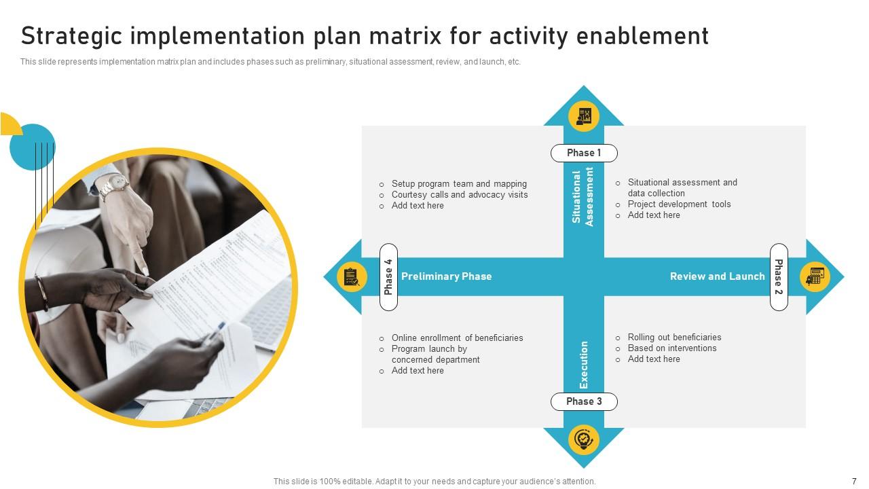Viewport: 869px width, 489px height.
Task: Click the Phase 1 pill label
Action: (584, 153)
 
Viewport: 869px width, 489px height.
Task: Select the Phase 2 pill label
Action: (779, 276)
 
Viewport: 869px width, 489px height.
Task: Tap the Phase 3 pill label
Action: (584, 401)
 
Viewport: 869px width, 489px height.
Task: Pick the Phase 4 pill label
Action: (388, 276)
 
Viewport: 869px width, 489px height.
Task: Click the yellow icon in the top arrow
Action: (584, 115)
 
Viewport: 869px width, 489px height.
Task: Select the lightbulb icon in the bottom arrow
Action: (584, 439)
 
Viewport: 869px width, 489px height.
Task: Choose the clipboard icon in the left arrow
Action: (352, 276)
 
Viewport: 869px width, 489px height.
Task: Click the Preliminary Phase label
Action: (446, 276)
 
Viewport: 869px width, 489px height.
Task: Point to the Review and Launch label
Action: (717, 276)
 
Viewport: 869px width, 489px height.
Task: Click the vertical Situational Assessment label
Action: (583, 196)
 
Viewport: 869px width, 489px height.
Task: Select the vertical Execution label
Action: (584, 365)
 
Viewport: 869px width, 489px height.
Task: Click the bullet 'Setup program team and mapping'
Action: (458, 184)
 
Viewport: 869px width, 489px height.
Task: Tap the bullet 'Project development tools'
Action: (679, 204)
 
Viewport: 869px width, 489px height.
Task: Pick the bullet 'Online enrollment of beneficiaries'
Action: (457, 338)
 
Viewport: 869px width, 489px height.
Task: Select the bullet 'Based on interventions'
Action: (671, 348)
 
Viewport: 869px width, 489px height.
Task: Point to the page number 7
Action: (854, 481)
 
